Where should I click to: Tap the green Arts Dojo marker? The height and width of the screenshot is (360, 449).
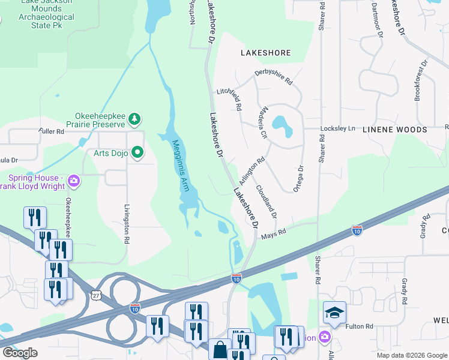pyautogui.click(x=137, y=153)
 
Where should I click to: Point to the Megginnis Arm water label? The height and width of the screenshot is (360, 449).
pyautogui.click(x=181, y=166)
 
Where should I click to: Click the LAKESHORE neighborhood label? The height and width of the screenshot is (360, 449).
pyautogui.click(x=265, y=53)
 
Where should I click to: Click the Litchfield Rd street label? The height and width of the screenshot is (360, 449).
pyautogui.click(x=229, y=98)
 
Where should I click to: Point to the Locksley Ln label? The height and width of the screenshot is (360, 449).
pyautogui.click(x=339, y=129)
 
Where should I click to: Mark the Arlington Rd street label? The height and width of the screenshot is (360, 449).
pyautogui.click(x=252, y=171)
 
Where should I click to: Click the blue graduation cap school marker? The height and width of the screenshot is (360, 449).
pyautogui.click(x=334, y=312)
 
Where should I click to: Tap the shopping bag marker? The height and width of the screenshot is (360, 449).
pyautogui.click(x=220, y=349)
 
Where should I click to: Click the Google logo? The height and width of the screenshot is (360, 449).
pyautogui.click(x=19, y=353)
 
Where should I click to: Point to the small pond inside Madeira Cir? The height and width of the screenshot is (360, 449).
pyautogui.click(x=282, y=124)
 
